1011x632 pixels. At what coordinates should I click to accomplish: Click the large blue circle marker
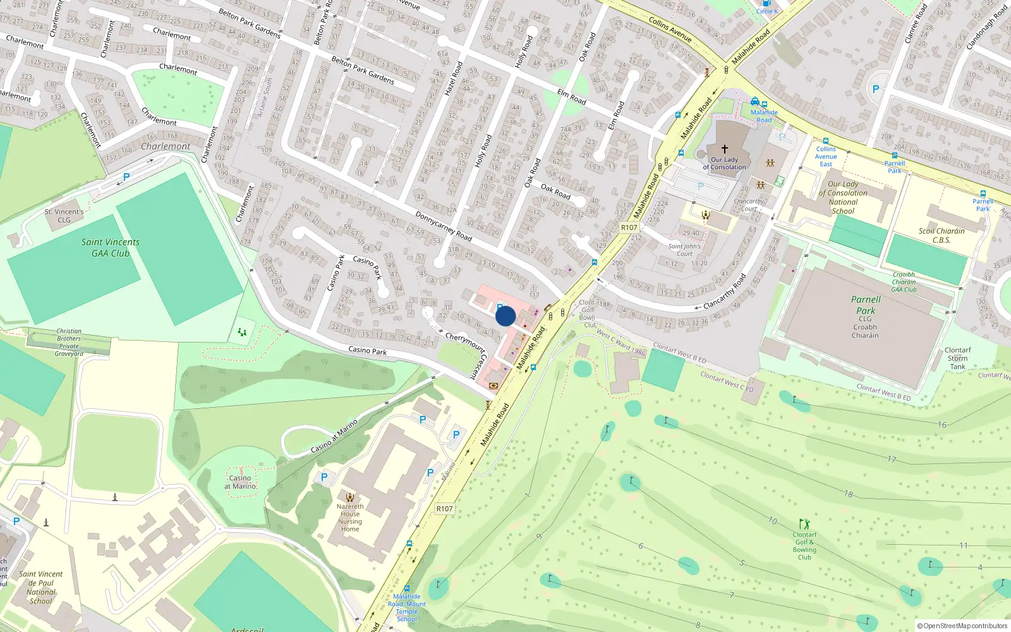pos(505,316)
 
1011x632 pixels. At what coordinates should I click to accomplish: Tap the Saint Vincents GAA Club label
pos(110,248)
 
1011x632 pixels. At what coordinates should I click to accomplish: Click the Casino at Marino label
pos(240,482)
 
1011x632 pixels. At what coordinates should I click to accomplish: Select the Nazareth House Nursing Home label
pos(350,518)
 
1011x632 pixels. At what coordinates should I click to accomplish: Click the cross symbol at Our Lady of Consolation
pos(725,149)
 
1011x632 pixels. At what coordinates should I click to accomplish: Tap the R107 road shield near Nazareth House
pos(445,509)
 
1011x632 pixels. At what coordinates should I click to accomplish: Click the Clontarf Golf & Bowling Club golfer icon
pos(804,524)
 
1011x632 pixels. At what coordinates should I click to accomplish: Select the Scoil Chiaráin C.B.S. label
pos(941,235)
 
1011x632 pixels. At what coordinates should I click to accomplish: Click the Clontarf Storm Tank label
pos(958,358)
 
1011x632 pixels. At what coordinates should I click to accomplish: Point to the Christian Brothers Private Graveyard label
pos(69,342)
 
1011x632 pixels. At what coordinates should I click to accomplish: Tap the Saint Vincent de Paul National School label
pos(41,588)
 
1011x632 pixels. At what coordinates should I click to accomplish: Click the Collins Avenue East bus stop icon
pos(825,141)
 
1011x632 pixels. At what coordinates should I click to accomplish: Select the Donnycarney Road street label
pos(444,226)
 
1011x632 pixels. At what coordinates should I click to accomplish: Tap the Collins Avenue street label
pos(670,30)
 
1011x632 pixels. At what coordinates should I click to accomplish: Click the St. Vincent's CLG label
pos(64,216)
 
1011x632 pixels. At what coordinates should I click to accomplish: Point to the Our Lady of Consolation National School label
pos(843,198)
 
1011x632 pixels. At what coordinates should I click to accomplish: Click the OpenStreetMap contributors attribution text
pos(965,626)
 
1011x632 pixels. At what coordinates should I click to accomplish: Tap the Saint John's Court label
pos(684,250)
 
